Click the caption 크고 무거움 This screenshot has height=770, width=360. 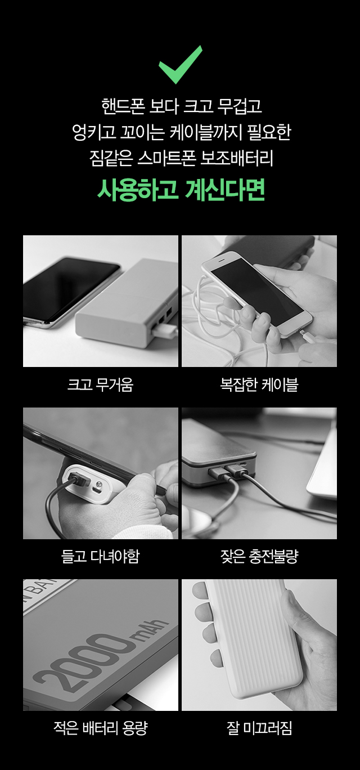(100, 384)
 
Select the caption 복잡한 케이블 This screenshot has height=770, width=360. (259, 384)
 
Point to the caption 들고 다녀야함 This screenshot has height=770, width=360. (100, 556)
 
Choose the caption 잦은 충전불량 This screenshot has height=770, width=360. (259, 556)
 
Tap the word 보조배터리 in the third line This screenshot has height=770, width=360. (237, 159)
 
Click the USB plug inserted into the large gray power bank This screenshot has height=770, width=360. (165, 331)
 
